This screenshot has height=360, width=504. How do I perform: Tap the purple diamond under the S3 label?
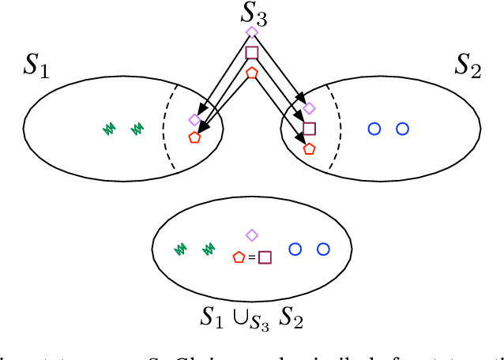[252, 32]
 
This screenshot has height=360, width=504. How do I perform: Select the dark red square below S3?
[252, 53]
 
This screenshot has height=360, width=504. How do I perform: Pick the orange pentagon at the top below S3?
[252, 73]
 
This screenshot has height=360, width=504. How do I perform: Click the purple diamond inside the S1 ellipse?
[194, 120]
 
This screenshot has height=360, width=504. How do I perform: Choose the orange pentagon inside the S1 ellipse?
[194, 137]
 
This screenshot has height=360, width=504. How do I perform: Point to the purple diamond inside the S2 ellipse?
[309, 108]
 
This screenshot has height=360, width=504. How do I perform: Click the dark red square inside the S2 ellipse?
[309, 129]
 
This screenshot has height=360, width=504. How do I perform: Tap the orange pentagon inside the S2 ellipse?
[309, 148]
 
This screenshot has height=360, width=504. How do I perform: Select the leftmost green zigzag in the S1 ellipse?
[109, 127]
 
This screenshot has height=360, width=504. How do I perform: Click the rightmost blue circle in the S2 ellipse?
[402, 128]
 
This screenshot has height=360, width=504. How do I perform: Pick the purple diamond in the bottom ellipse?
[252, 234]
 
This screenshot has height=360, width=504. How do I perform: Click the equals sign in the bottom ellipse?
[251, 257]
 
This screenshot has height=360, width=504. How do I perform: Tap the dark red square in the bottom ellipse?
[265, 257]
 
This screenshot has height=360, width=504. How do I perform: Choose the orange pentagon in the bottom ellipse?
[239, 257]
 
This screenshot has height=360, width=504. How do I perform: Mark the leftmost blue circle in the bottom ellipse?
[295, 249]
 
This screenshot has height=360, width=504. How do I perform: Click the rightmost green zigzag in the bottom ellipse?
[209, 249]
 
